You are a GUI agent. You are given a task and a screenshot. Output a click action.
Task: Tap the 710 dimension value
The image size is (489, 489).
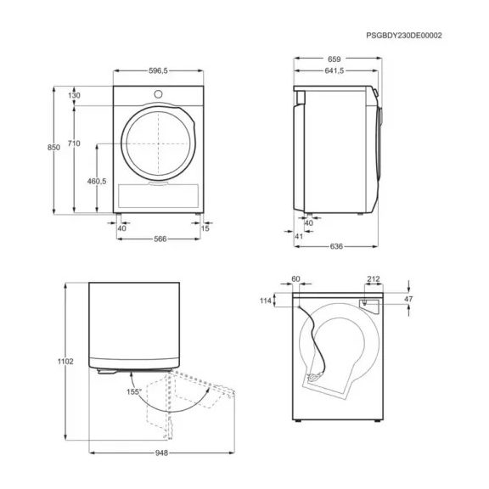[x=74, y=144]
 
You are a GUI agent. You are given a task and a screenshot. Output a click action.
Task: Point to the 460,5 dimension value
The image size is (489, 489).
[x=95, y=181]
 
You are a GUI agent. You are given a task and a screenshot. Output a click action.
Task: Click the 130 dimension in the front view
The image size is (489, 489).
[x=74, y=95]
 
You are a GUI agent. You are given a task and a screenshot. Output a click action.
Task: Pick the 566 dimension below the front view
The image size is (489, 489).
[x=159, y=239]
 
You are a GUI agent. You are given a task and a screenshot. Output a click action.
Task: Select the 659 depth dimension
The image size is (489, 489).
[x=336, y=60]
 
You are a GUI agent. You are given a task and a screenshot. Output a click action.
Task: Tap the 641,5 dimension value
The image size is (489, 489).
[x=334, y=72]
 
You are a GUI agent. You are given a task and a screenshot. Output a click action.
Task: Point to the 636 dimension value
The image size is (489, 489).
[x=335, y=247]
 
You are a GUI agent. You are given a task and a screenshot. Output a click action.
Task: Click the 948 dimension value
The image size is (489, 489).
[x=162, y=452]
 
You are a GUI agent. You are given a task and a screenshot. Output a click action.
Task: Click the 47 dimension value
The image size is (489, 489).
[x=408, y=300]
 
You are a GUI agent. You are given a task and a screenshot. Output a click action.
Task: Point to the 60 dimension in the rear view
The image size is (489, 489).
[x=295, y=278]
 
